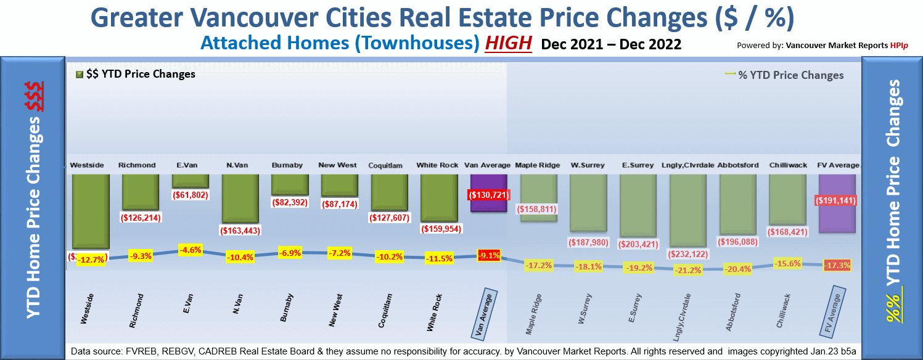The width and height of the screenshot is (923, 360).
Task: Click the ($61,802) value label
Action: pos(190,195)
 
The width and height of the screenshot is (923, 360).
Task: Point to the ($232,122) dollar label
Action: pos(687,254)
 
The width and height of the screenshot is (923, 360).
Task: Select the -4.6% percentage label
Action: pos(190,250)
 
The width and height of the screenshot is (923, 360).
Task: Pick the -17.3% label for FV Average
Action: pos(837,266)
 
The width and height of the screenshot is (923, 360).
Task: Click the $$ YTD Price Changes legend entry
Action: pos(136,75)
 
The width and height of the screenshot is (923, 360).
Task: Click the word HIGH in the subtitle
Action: pos(508,44)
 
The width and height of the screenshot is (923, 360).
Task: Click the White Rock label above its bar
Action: pos(438,165)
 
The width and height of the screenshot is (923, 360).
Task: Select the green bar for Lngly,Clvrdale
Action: pos(687,210)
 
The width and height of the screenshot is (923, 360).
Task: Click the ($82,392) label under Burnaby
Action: pos(289,202)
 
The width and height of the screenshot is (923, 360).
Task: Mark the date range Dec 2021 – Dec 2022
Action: pos(611,44)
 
